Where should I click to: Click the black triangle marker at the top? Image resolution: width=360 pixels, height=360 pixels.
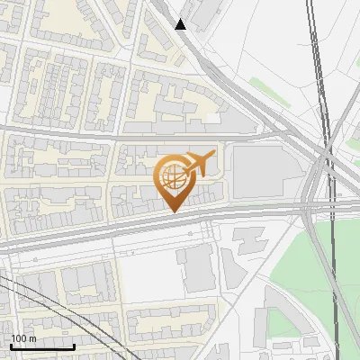point(181,24)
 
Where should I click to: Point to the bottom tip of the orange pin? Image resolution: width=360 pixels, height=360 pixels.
point(174,211)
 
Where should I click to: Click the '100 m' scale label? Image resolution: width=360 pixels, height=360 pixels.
point(23,338)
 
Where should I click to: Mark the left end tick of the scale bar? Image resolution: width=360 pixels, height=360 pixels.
point(11,346)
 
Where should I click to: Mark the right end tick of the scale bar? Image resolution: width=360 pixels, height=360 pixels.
point(74,346)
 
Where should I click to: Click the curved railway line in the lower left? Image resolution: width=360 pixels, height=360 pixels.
point(36,297)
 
